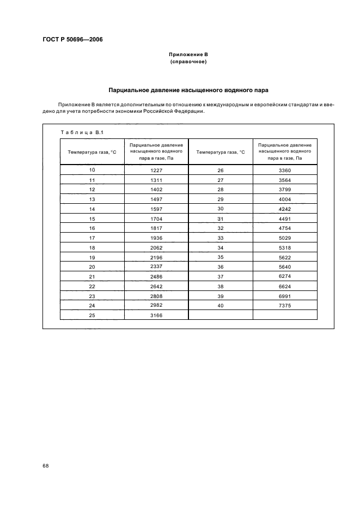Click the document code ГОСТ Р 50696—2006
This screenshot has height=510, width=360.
click(72, 39)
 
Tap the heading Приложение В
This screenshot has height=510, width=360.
click(188, 55)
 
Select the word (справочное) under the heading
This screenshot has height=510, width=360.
click(188, 62)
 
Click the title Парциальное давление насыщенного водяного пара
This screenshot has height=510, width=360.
click(188, 89)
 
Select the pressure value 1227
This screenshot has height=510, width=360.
click(156, 171)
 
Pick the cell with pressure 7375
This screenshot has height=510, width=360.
click(285, 306)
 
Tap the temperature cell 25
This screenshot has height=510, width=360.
click(92, 315)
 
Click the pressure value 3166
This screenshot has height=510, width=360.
click(156, 315)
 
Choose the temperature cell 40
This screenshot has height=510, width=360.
click(221, 306)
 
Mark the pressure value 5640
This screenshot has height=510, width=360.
click(285, 267)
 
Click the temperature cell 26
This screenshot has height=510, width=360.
click(221, 171)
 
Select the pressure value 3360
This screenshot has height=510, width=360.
click(285, 171)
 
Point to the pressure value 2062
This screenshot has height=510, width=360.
click(156, 247)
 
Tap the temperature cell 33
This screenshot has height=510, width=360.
click(221, 238)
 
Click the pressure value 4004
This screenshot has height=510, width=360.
click(285, 199)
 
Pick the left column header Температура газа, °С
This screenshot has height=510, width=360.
click(92, 152)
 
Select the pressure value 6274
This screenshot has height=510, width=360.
click(285, 277)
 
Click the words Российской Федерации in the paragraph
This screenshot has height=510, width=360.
click(176, 111)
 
